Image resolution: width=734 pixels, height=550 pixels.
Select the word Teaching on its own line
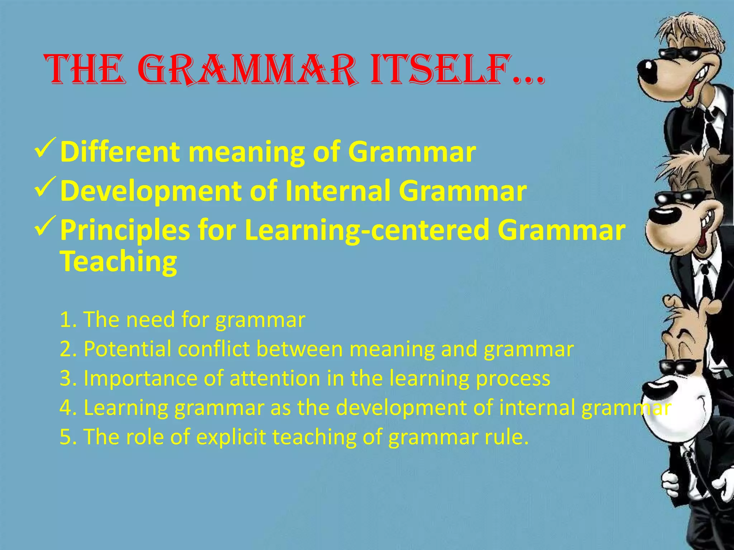[x=118, y=262]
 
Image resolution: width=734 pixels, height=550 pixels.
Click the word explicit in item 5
[x=231, y=437]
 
